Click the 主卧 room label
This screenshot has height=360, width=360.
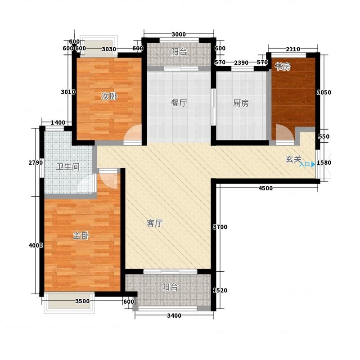(81, 236)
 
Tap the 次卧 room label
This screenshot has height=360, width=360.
(109, 96)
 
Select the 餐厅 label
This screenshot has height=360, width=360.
(179, 103)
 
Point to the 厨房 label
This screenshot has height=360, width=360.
(241, 103)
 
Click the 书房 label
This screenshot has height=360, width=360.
(283, 67)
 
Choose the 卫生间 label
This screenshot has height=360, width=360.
(68, 167)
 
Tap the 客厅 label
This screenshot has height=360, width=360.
(155, 223)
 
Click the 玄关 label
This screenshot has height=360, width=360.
(293, 159)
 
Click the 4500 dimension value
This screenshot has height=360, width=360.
(265, 188)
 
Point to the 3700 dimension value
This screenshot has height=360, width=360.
(220, 227)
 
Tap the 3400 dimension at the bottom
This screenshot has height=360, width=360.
(174, 316)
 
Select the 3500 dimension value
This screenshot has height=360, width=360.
(82, 301)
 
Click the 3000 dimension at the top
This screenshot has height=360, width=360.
(179, 35)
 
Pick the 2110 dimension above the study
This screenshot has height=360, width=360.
(293, 49)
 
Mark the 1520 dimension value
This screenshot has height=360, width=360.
(220, 290)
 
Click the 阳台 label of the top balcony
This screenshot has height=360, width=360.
(179, 52)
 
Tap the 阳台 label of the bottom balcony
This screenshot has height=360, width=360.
(170, 287)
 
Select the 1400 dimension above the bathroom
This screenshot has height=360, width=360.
(58, 122)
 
